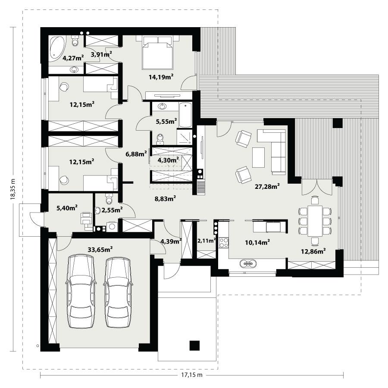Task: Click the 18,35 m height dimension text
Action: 13,190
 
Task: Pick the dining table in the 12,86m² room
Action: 315,220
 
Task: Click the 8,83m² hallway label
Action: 165,199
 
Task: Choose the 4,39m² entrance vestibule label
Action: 171,241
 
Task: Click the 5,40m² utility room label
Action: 67,208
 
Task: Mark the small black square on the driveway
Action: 195,345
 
